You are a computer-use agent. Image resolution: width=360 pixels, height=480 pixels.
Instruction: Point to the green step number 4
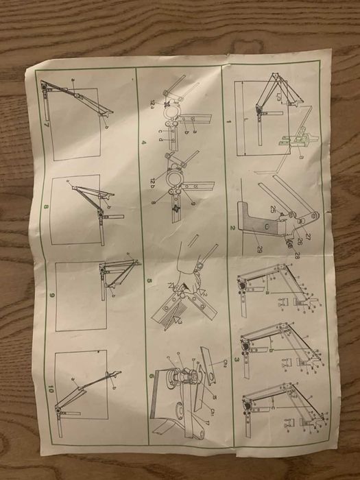[143, 142]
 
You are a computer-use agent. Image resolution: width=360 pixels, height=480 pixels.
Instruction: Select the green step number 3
[237, 358]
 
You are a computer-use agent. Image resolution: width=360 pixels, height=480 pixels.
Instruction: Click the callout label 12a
[154, 103]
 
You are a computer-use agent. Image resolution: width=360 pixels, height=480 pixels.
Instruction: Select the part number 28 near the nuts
[298, 255]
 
